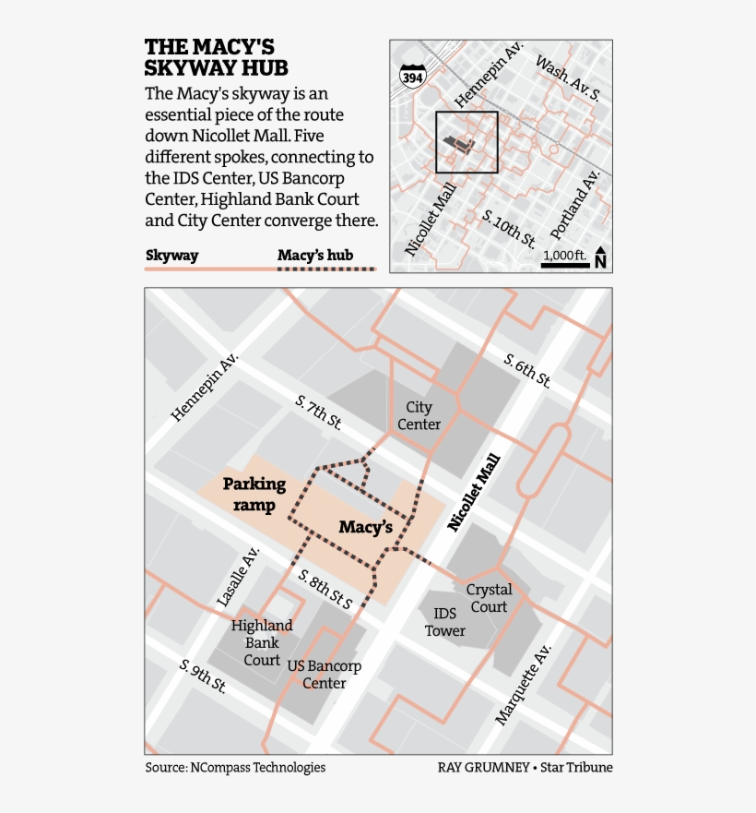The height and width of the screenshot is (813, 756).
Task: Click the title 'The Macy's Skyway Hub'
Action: (x=216, y=57)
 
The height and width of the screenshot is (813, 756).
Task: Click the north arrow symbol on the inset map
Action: (x=600, y=257)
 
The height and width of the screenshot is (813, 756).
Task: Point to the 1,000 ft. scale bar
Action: (x=563, y=266)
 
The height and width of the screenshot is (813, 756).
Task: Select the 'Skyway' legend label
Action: (x=172, y=256)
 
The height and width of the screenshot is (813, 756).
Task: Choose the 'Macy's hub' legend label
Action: (x=315, y=256)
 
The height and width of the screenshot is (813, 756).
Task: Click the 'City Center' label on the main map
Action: (x=419, y=415)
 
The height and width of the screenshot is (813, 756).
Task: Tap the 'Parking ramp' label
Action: (x=254, y=494)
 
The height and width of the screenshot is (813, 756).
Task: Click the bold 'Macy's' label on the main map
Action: (x=366, y=527)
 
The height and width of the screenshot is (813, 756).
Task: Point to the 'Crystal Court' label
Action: (x=489, y=598)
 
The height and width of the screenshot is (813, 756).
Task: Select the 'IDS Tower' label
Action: (x=445, y=622)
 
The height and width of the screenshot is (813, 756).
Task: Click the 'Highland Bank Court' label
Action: (x=262, y=642)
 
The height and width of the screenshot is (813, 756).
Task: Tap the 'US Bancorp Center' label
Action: (x=325, y=675)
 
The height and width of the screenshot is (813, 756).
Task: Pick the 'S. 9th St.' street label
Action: (x=204, y=676)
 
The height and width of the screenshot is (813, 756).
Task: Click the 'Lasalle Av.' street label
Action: (x=238, y=576)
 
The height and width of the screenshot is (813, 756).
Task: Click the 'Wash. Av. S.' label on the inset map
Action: (x=568, y=78)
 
